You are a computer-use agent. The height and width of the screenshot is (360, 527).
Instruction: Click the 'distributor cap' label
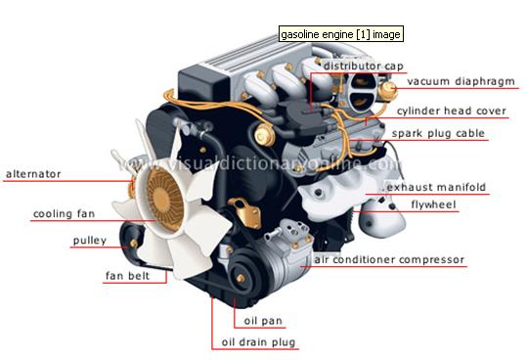[x=363, y=66]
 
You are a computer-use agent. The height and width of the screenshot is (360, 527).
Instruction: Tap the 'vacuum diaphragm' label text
[x=461, y=81]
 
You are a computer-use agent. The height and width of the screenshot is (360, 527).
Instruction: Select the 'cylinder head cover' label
[x=452, y=111]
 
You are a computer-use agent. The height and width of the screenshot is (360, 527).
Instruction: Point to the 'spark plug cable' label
[x=438, y=133]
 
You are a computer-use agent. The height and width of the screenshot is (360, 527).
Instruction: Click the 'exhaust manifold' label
[x=436, y=187]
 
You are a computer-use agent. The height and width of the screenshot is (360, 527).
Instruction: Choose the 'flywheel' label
[x=433, y=204]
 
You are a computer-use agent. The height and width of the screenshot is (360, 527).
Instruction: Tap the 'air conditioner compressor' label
[x=389, y=260]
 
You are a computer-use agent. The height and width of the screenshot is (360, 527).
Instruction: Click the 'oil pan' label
[x=263, y=321]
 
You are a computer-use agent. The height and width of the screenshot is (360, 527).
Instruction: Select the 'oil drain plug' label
[x=258, y=342]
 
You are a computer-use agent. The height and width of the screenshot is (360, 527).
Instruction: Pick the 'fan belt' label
[x=127, y=276]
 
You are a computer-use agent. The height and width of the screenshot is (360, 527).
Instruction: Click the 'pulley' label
[x=90, y=241]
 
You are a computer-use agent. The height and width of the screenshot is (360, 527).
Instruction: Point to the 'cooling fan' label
[x=64, y=214]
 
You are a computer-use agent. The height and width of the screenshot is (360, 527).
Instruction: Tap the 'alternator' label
[x=33, y=174]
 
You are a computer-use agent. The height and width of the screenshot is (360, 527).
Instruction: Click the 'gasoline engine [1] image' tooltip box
[x=341, y=34]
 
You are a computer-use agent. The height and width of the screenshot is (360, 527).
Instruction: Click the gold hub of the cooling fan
[x=165, y=200]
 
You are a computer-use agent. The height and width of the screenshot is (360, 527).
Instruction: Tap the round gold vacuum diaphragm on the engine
[x=387, y=90]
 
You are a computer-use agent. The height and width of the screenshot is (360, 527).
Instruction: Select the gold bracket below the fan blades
[x=246, y=213]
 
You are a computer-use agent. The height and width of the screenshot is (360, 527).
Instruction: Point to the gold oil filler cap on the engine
[x=265, y=134]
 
